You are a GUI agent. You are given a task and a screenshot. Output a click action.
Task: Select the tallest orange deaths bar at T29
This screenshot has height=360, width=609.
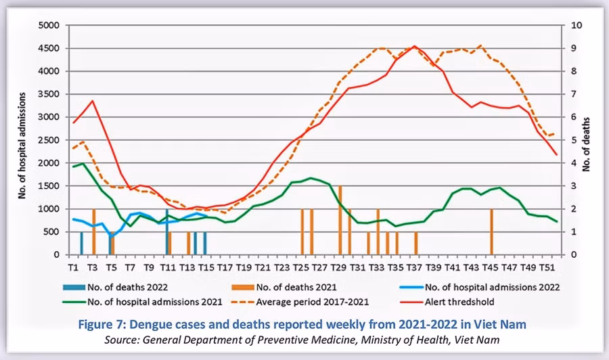tap(340, 221)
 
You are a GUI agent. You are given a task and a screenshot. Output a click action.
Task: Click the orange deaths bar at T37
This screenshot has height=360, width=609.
tap(415, 244)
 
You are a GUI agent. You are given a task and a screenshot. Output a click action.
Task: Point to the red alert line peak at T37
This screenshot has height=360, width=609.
tap(415, 47)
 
